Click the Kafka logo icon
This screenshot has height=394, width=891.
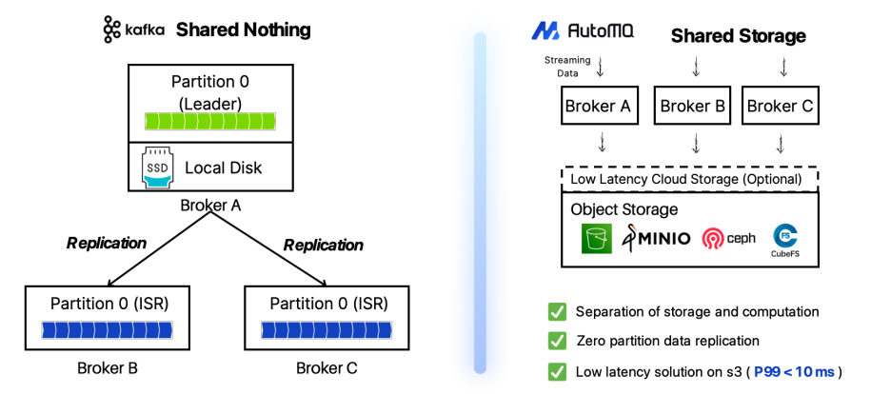pos(111,30)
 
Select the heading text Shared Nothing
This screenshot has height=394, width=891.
pos(243,30)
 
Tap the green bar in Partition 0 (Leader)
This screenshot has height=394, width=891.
pos(208,121)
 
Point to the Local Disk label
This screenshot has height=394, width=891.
pos(222,168)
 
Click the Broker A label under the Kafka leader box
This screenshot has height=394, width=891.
pos(209,206)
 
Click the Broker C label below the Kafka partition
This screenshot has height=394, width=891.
pos(327,368)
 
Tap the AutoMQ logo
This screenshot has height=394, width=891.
pos(584,30)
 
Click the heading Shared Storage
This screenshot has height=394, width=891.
pos(738,36)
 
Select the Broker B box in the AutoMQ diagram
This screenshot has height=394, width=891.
pos(693,106)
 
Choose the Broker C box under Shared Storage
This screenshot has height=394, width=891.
pos(778,106)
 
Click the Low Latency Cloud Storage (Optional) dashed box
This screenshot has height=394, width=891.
pos(691,178)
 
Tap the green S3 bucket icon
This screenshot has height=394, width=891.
pos(597,238)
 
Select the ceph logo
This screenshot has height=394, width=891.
pos(728,238)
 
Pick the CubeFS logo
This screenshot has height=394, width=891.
pos(785,239)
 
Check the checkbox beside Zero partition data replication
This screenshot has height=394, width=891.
pos(556,341)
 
